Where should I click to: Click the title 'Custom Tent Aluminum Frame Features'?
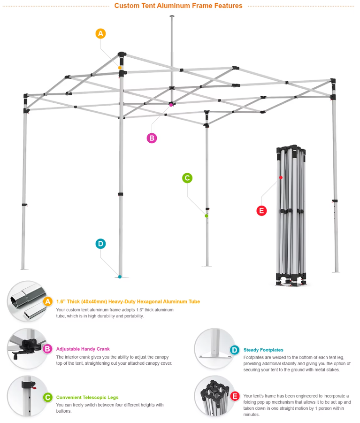[x=178, y=6]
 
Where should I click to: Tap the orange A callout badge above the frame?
[x=100, y=33]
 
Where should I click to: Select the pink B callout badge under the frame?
[x=152, y=138]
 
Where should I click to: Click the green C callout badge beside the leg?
[x=187, y=178]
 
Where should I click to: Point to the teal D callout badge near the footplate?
[x=100, y=244]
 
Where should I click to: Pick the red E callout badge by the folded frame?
[x=261, y=211]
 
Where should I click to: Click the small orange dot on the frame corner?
[x=120, y=68]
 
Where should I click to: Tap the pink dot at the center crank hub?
[x=171, y=105]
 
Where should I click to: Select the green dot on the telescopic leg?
[x=207, y=215]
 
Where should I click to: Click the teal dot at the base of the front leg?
[x=120, y=277]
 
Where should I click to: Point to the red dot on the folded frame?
[x=281, y=177]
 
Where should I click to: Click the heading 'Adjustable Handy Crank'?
[x=83, y=349]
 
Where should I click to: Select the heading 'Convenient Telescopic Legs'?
[x=87, y=397]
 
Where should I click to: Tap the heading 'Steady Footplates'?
[x=263, y=350]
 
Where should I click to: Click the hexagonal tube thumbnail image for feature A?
[x=27, y=301]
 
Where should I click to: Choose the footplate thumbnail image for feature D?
[x=214, y=348]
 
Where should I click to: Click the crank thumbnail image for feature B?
[x=27, y=349]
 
